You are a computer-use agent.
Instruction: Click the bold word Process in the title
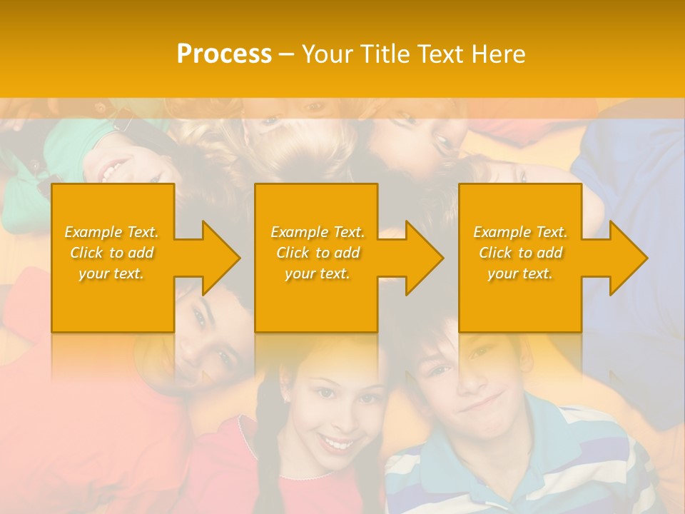(224, 54)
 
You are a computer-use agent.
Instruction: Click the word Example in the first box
(93, 232)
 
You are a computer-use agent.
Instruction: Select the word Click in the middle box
(292, 253)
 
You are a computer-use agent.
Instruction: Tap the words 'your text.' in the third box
(520, 273)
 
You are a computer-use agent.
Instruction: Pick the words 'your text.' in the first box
(111, 273)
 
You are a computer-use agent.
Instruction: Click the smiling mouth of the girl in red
(335, 443)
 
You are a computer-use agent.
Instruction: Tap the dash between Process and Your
(287, 54)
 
